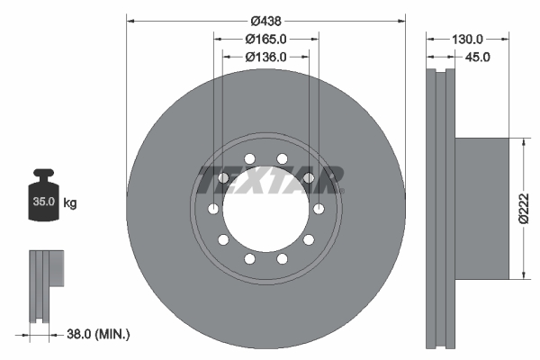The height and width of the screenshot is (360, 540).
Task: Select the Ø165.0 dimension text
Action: click(x=265, y=39)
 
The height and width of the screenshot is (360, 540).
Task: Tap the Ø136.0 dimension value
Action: click(x=265, y=57)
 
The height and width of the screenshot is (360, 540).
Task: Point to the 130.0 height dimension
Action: click(x=468, y=39)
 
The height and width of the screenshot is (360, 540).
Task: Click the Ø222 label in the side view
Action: click(x=530, y=209)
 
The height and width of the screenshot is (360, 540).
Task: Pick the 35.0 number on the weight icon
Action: click(x=43, y=202)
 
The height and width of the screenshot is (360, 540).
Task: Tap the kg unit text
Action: click(x=70, y=203)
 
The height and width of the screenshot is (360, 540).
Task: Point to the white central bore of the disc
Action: click(x=265, y=209)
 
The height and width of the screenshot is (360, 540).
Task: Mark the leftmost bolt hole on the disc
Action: click(x=213, y=209)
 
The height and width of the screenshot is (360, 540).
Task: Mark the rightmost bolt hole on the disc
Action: click(x=319, y=209)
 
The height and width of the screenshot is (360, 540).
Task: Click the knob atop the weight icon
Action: click(x=43, y=173)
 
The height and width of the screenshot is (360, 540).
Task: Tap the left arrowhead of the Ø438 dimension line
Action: click(x=130, y=20)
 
